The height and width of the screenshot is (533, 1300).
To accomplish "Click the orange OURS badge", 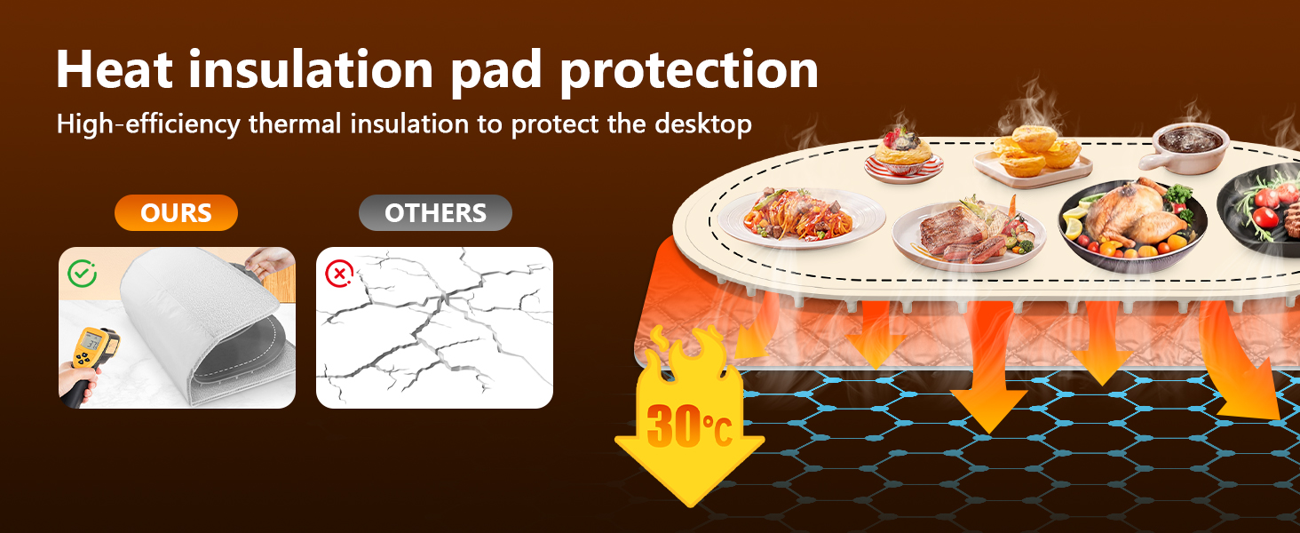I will (176, 213).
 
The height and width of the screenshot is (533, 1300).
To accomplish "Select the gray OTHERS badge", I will (435, 213).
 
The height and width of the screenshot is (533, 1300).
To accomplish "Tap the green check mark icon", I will (82, 274).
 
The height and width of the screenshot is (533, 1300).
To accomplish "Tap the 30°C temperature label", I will (689, 426).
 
